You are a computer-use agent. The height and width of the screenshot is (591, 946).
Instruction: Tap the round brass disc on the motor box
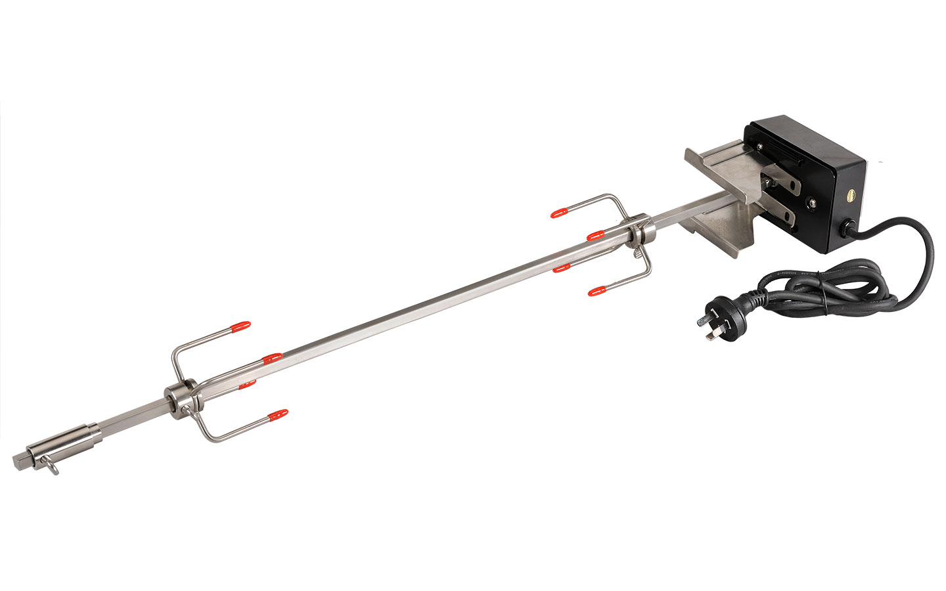coord(853,194)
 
